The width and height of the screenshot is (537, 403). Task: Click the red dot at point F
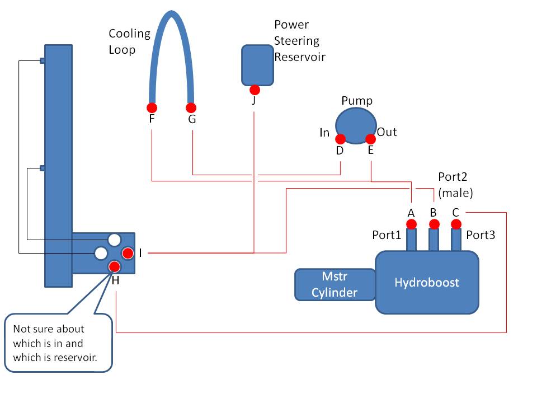[152, 107]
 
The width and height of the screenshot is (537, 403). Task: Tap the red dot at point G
[191, 107]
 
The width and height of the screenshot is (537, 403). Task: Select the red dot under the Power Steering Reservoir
[255, 90]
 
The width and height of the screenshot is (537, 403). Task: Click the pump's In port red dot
[341, 139]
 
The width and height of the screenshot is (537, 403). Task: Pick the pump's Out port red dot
[370, 139]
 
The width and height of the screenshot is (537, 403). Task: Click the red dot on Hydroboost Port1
[411, 224]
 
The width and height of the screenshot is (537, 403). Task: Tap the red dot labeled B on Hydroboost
[434, 224]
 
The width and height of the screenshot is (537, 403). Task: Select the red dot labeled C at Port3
[456, 224]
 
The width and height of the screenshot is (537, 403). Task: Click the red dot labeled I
[128, 253]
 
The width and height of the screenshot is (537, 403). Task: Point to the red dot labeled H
[114, 266]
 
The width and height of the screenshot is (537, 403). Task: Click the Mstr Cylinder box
[335, 285]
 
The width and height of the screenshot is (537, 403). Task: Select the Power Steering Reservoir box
[257, 65]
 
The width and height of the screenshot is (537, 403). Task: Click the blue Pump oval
[356, 125]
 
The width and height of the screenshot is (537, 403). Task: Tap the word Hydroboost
[427, 282]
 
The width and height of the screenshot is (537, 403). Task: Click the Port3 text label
[481, 235]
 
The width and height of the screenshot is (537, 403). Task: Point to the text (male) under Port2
[455, 193]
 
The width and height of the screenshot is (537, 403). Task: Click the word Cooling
[129, 34]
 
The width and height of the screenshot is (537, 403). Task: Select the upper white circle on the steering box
[114, 240]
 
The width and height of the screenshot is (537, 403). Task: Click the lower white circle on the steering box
[101, 253]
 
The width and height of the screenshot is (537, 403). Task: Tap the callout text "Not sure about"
[49, 329]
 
